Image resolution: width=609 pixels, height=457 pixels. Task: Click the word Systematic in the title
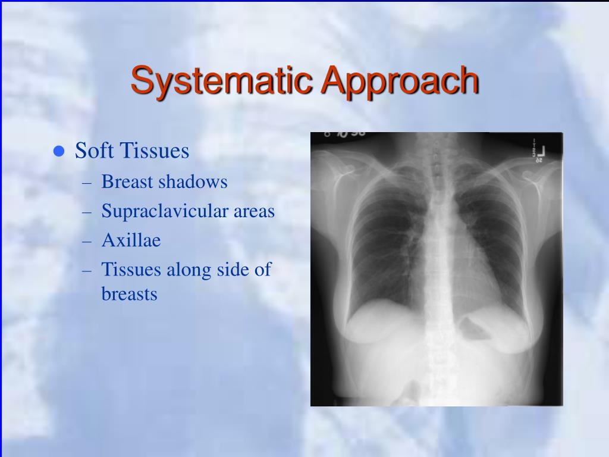coord(222,81)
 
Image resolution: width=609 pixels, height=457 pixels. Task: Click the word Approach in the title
coord(400,81)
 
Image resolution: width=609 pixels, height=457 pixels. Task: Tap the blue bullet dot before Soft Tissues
coord(59,151)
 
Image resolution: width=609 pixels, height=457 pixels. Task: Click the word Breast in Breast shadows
coord(127,181)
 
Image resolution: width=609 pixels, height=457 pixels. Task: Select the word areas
coord(254,212)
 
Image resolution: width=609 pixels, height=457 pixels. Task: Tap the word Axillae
coord(131,240)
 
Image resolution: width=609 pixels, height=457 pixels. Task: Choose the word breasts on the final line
coord(129,294)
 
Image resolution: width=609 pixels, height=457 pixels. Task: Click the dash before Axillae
coord(87,242)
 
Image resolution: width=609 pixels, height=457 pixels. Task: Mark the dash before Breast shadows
coord(87,183)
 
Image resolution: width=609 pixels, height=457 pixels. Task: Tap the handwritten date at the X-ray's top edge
coord(345,134)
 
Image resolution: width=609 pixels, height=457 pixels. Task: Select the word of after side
coord(262,270)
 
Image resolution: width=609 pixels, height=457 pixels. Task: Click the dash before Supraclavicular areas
coord(87,212)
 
